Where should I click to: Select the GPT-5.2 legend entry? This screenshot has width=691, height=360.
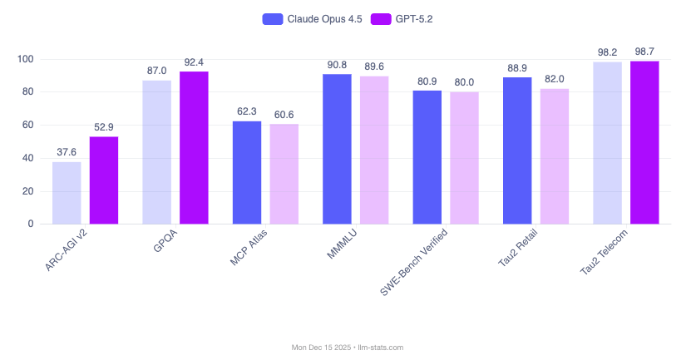click(389, 18)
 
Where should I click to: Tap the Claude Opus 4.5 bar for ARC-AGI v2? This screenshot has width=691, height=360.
click(67, 193)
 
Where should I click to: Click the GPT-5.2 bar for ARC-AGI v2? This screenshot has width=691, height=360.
click(104, 180)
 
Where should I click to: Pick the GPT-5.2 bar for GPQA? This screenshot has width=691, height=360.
click(194, 148)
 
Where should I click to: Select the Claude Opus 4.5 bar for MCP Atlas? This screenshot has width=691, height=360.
click(247, 173)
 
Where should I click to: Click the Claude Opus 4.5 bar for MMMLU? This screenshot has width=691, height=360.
click(337, 149)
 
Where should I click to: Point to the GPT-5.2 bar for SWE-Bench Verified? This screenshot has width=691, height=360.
click(464, 158)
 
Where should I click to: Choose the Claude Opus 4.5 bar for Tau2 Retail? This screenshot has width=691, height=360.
click(517, 150)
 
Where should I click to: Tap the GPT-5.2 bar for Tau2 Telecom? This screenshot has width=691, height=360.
click(644, 142)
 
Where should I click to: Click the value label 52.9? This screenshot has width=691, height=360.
click(104, 127)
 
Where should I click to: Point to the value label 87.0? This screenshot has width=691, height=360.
click(156, 71)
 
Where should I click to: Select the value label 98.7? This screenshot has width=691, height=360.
click(644, 52)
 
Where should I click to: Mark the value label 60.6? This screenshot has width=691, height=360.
click(284, 115)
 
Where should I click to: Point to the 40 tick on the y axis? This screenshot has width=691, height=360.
click(27, 158)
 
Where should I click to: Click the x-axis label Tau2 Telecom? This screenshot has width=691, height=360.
click(603, 254)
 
